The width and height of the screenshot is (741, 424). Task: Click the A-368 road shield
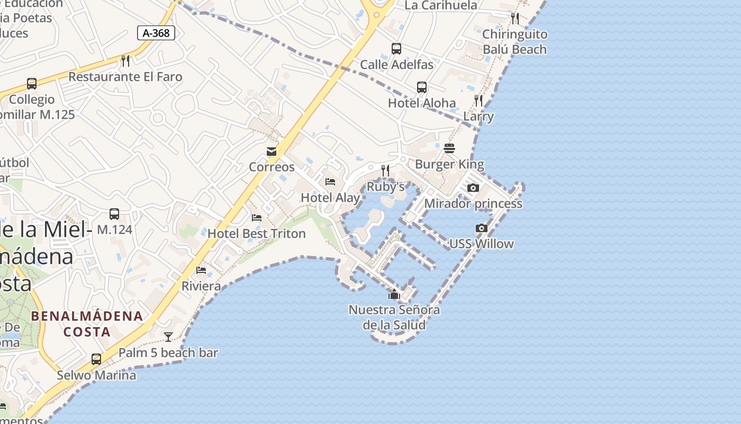pyautogui.click(x=156, y=33)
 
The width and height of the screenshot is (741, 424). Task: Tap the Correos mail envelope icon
pyautogui.click(x=272, y=152)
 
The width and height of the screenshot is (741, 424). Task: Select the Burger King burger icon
pyautogui.click(x=449, y=148)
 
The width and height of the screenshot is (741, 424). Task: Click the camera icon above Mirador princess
pyautogui.click(x=473, y=188)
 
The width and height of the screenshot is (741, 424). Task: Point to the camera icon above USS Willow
pyautogui.click(x=482, y=228)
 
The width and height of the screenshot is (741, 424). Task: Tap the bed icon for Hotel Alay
pyautogui.click(x=330, y=182)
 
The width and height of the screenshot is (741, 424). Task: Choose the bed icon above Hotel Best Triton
pyautogui.click(x=257, y=218)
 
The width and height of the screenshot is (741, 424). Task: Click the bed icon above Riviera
pyautogui.click(x=201, y=270)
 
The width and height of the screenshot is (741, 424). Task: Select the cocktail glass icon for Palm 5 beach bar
pyautogui.click(x=168, y=337)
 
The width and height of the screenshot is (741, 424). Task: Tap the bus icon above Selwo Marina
pyautogui.click(x=96, y=359)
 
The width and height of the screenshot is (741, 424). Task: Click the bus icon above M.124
pyautogui.click(x=114, y=214)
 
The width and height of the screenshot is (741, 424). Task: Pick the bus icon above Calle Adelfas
pyautogui.click(x=396, y=49)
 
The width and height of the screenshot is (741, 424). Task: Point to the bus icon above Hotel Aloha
pyautogui.click(x=422, y=87)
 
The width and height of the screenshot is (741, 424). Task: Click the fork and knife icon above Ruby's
pyautogui.click(x=385, y=171)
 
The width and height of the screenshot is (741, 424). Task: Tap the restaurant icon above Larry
pyautogui.click(x=478, y=101)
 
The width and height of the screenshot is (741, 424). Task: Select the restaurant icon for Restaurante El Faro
pyautogui.click(x=125, y=61)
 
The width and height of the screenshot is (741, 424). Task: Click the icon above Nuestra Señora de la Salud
pyautogui.click(x=394, y=294)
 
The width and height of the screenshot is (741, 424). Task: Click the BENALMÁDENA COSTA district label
pyautogui.click(x=87, y=324)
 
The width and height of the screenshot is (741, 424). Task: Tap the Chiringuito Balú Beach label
pyautogui.click(x=514, y=42)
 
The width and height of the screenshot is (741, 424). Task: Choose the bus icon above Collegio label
pyautogui.click(x=32, y=84)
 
